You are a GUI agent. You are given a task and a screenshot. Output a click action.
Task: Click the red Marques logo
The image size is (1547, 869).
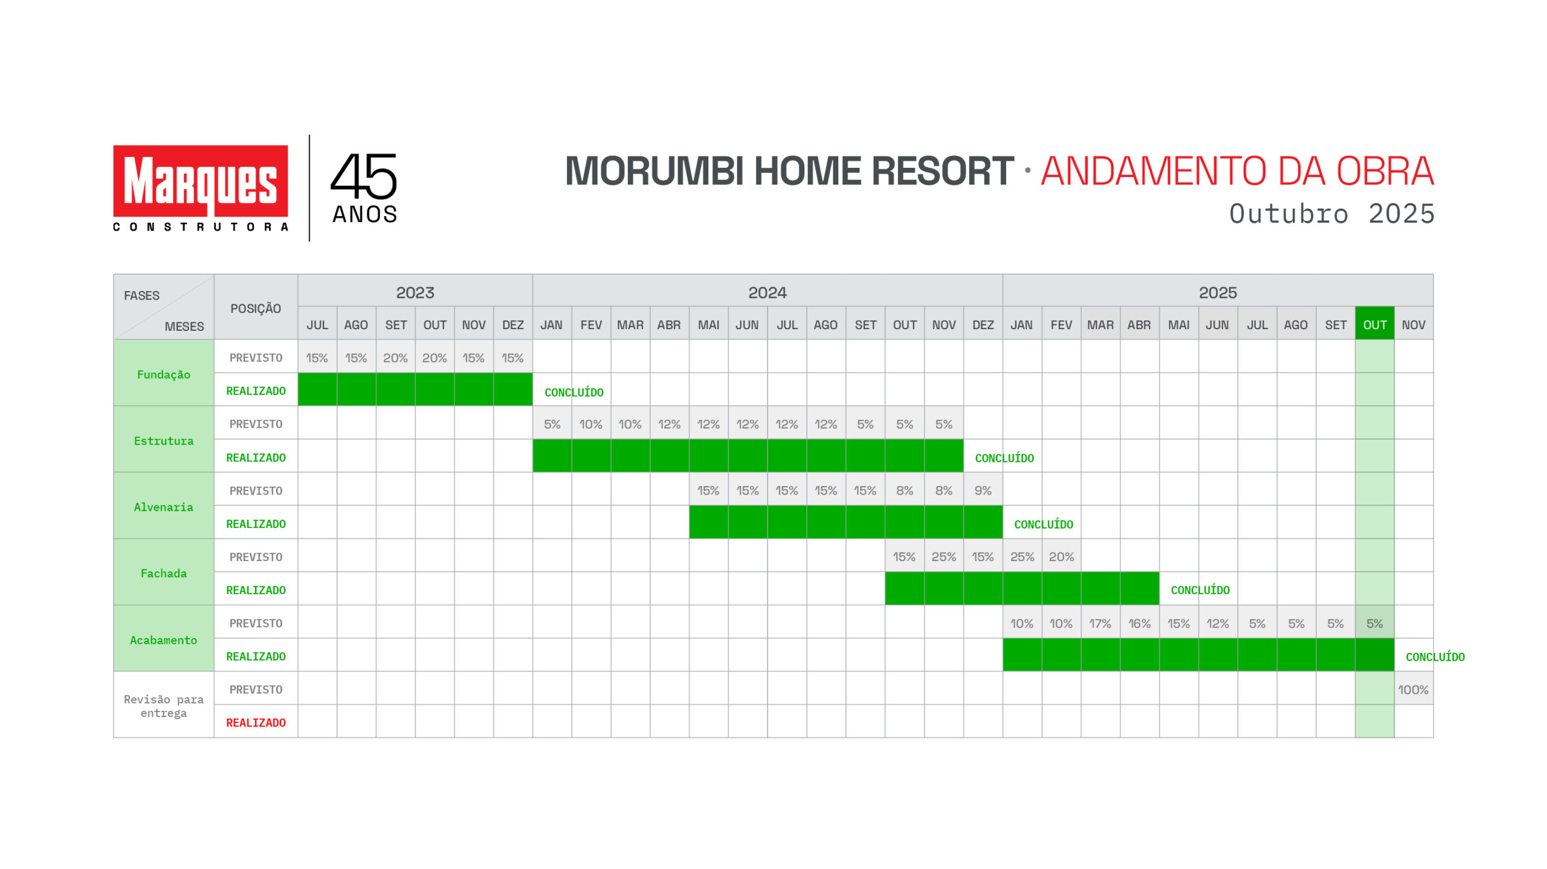(201, 181)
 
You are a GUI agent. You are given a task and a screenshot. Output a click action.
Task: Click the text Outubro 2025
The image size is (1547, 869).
(1332, 214)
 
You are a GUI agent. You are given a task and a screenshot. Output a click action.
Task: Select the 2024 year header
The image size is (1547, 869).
(767, 293)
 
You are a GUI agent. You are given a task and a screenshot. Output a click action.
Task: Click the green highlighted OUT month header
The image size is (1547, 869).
(1375, 324)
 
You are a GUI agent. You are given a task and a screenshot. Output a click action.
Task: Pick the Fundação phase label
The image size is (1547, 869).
(164, 374)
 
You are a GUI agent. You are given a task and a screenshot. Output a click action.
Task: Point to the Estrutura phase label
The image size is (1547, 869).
(164, 441)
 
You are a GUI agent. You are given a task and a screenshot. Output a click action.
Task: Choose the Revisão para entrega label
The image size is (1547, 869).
(164, 706)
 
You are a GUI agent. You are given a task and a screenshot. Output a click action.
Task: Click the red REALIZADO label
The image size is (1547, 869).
(256, 723)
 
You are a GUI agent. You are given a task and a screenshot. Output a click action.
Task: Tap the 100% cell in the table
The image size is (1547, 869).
(1413, 690)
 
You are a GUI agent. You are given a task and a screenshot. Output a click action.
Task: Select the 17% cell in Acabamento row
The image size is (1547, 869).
(1100, 623)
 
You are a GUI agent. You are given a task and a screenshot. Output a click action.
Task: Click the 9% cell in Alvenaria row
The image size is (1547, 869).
(983, 490)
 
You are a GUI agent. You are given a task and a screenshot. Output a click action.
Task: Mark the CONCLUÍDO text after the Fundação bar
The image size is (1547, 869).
(574, 393)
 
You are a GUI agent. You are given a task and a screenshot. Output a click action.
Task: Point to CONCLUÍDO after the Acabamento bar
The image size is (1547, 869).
(1435, 657)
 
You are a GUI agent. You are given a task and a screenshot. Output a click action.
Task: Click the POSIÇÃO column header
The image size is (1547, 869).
(256, 309)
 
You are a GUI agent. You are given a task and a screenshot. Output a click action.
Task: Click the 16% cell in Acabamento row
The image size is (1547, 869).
(1140, 623)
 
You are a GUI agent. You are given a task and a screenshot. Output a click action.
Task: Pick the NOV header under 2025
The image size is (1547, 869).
(1413, 325)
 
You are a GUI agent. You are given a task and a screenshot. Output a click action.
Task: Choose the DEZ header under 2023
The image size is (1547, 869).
(513, 325)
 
